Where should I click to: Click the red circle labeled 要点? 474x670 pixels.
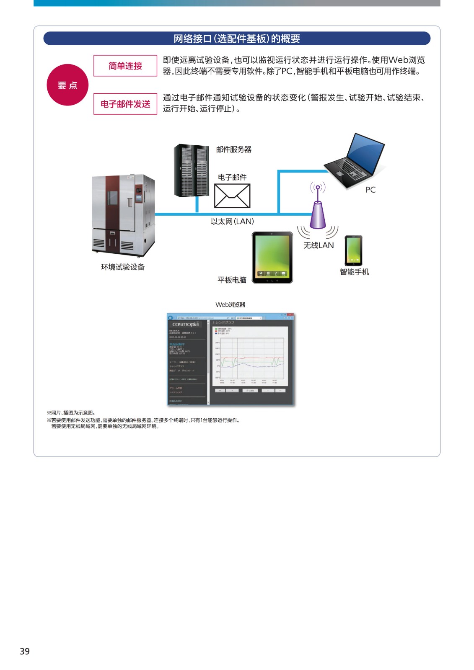[x=67, y=85]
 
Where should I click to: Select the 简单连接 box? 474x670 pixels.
[x=125, y=66]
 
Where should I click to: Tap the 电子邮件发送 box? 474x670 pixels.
[x=125, y=104]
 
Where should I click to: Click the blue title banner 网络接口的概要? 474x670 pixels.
[x=237, y=39]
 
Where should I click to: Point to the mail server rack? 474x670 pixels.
[x=191, y=170]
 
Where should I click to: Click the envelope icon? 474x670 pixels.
[x=232, y=196]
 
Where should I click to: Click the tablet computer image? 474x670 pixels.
[x=272, y=257]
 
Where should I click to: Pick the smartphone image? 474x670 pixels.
[x=353, y=250]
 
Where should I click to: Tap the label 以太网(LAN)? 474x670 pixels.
[x=232, y=222]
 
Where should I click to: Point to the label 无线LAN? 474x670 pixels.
[x=319, y=245]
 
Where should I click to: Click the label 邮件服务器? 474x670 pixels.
[x=234, y=149]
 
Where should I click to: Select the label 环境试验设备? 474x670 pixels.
[x=123, y=267]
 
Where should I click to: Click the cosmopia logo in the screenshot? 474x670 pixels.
[x=185, y=324]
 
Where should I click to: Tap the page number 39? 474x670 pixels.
[x=25, y=651]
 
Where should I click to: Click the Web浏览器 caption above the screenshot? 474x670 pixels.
[x=230, y=305]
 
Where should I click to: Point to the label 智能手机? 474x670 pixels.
[x=355, y=272]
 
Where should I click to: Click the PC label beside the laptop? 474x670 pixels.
[x=370, y=190]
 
